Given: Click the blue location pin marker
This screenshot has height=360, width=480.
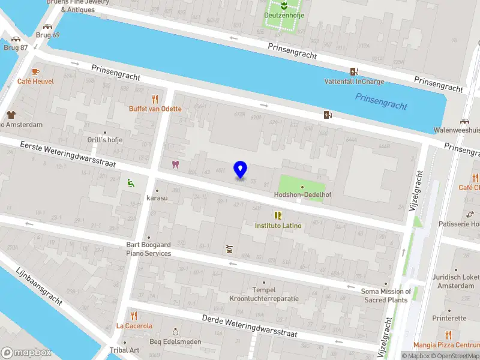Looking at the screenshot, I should click(240, 169).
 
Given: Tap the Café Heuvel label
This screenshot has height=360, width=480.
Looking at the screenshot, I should click(35, 82).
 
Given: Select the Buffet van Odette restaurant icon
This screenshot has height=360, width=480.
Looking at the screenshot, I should click(155, 99).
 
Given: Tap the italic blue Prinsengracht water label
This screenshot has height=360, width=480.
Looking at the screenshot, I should click(381, 101).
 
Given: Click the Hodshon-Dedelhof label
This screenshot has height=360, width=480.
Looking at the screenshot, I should click(302, 195).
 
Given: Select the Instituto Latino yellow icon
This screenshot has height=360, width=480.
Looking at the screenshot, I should click(278, 215).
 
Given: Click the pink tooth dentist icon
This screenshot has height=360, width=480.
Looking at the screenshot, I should click(176, 164).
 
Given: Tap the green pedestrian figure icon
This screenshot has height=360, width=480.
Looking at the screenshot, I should click(131, 183).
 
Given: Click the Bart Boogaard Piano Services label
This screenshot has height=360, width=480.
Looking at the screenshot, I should click(148, 249).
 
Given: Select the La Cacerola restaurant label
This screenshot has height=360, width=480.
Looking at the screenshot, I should click(134, 326).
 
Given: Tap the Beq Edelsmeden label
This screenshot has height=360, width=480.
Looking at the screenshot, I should click(176, 341).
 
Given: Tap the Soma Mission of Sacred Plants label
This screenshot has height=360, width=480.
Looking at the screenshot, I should click(386, 295).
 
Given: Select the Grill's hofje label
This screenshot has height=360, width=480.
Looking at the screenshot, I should click(105, 140).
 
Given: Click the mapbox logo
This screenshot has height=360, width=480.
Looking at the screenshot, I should click(26, 353).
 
